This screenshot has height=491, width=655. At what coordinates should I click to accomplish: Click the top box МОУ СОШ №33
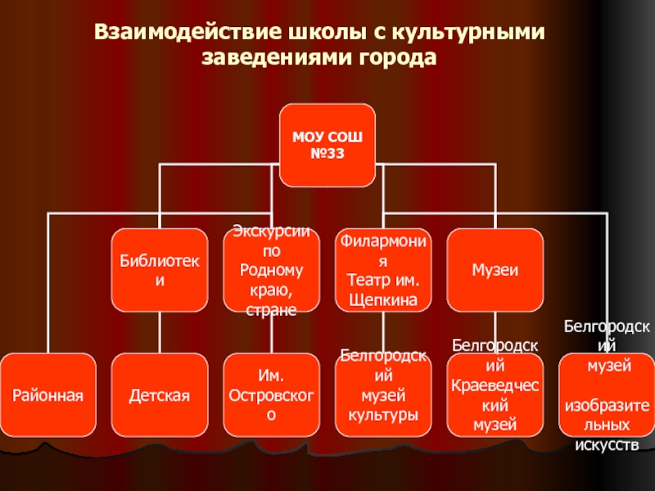[327, 146]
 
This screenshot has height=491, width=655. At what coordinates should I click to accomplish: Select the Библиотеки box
[159, 271]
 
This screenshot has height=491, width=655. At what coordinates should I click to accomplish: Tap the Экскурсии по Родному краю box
[271, 271]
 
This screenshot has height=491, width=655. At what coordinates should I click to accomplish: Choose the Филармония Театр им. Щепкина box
[383, 271]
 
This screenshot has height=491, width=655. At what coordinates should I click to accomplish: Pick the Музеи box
[495, 271]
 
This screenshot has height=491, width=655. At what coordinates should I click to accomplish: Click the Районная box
[47, 394]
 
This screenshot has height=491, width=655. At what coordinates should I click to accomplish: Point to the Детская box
[159, 394]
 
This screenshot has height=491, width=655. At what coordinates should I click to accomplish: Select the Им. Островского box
[271, 394]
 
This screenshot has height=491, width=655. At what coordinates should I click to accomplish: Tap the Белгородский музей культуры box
[383, 394]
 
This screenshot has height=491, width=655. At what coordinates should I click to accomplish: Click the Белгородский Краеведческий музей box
[495, 394]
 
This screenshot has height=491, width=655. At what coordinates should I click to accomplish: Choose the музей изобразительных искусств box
[607, 394]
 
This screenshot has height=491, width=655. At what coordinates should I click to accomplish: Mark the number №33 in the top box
[327, 154]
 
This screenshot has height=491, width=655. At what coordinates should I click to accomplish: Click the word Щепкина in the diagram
[383, 300]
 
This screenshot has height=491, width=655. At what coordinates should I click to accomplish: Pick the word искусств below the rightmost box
[607, 445]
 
